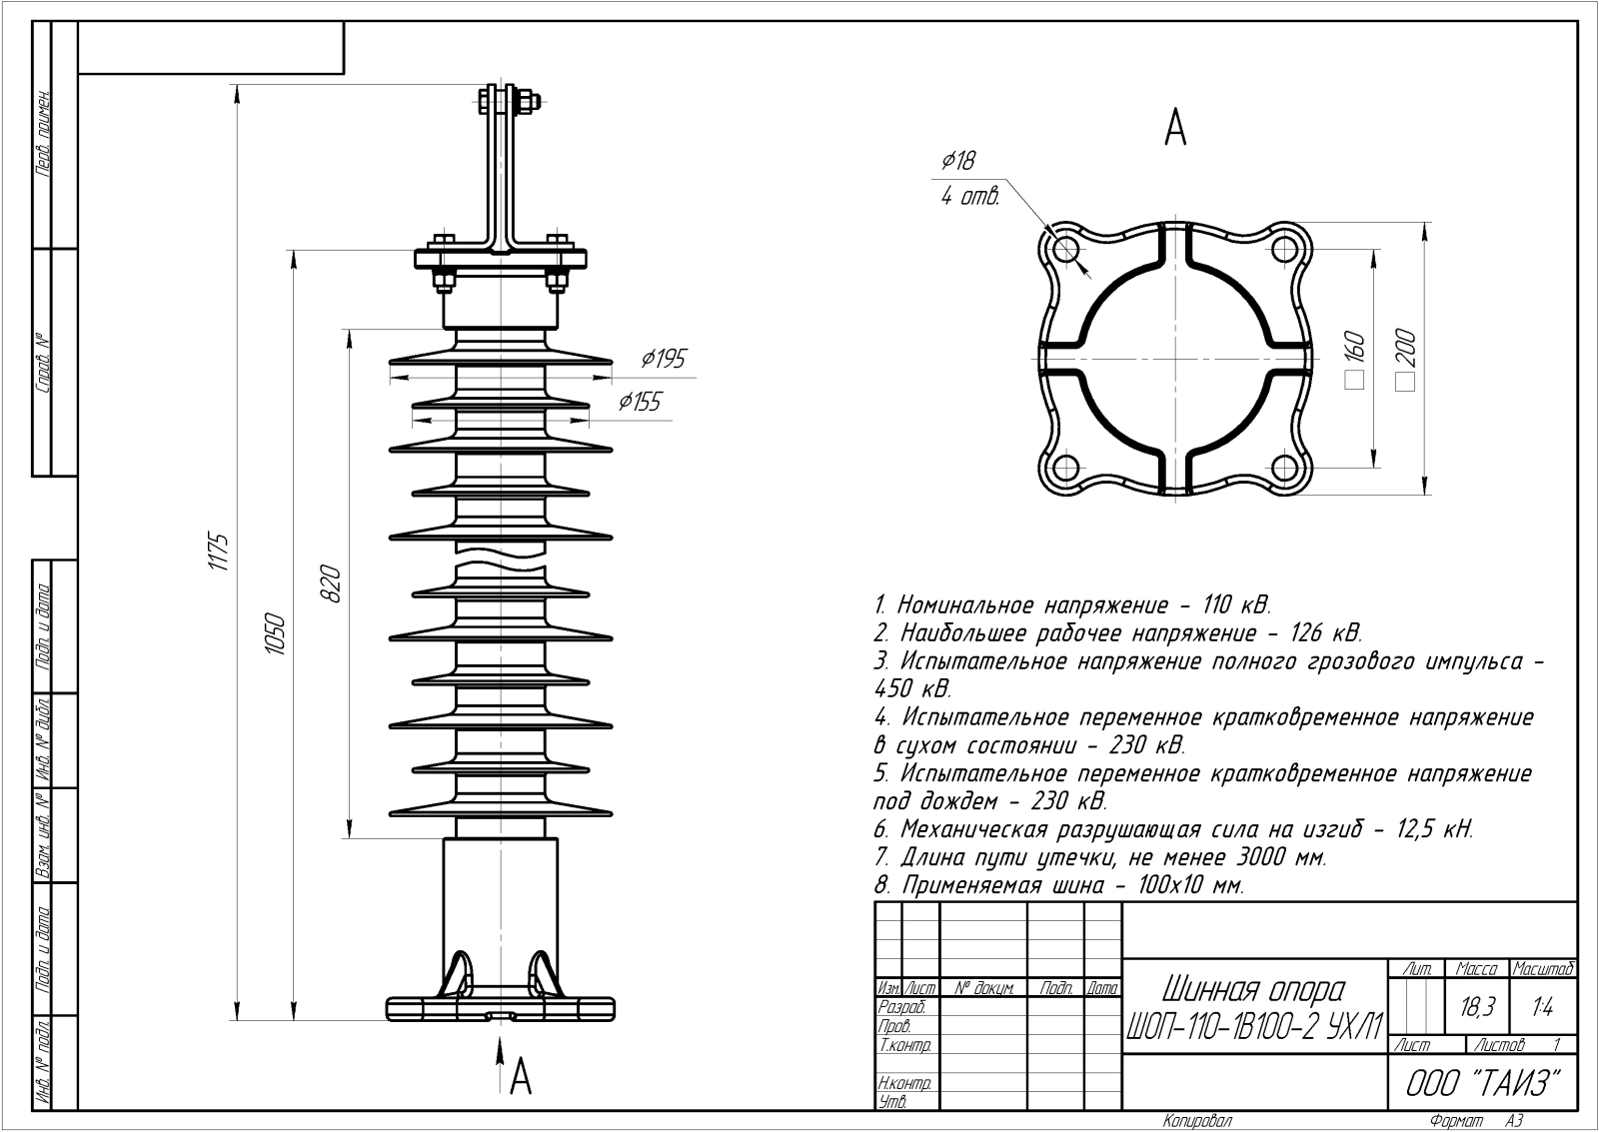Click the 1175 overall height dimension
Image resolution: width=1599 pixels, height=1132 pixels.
tap(219, 553)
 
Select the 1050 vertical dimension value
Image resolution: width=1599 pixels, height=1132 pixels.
tap(276, 634)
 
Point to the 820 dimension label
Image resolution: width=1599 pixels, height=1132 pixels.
tap(332, 584)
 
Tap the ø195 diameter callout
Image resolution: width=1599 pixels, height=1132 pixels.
tap(664, 359)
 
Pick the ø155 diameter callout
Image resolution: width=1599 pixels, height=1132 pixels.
tap(640, 402)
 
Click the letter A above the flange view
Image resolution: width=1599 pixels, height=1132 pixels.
tap(1175, 128)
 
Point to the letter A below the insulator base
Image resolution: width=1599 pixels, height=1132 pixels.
tap(520, 1077)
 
